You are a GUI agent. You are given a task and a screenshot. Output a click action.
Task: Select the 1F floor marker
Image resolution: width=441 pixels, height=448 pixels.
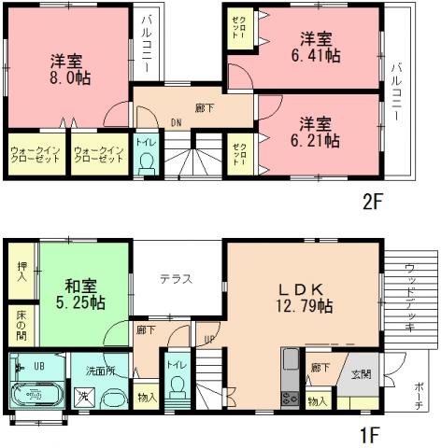[x=372, y=435]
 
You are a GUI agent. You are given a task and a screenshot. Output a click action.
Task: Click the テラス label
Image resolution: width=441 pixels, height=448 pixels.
[x=176, y=278]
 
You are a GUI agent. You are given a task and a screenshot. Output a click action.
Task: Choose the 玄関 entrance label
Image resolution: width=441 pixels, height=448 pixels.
[x=361, y=374]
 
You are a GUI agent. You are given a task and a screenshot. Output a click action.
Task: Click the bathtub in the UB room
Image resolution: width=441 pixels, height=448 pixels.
[x=38, y=393]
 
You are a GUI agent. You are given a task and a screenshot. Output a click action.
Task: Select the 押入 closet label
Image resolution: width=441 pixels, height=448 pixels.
[x=22, y=270]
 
